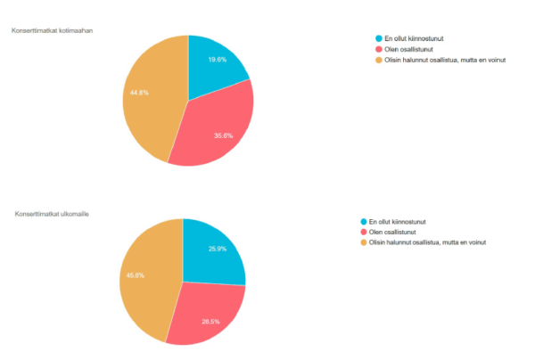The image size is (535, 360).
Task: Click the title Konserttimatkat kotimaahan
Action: click(x=53, y=31)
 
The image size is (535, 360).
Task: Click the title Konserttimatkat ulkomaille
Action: click(x=51, y=214)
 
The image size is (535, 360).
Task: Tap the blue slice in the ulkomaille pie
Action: click(x=212, y=254)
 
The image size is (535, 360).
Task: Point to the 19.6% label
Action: click(x=217, y=59)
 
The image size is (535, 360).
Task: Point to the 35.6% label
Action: click(x=224, y=135)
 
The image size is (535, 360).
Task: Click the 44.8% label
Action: click(x=139, y=93)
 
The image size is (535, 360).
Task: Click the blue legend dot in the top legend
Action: click(x=378, y=39)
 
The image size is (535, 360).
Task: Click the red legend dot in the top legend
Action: click(x=378, y=50)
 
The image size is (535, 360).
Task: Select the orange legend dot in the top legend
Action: click(x=378, y=61)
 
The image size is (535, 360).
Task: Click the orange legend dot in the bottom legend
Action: click(x=363, y=242)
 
